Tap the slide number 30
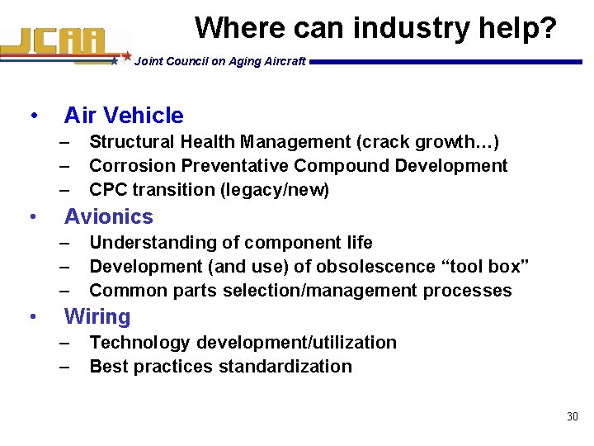[573, 416]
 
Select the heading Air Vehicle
[124, 116]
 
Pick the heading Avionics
[109, 216]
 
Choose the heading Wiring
[97, 316]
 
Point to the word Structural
[130, 141]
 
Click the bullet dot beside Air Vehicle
[31, 116]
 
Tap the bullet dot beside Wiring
[31, 316]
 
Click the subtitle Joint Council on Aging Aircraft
[219, 61]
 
